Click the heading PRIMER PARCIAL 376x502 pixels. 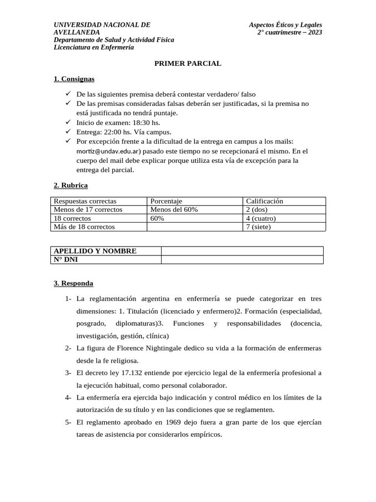pyautogui.click(x=188, y=63)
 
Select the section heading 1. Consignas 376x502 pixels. pyautogui.click(x=74, y=79)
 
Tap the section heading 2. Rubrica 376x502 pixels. pyautogui.click(x=70, y=185)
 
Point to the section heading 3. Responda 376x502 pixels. pyautogui.click(x=73, y=283)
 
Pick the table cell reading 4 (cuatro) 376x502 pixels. pyautogui.click(x=261, y=218)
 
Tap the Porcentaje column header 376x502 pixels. pyautogui.click(x=166, y=201)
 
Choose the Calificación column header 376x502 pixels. pyautogui.click(x=264, y=201)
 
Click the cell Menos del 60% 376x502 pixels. pyautogui.click(x=174, y=209)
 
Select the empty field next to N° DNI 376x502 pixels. pyautogui.click(x=242, y=260)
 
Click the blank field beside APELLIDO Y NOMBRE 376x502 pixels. pyautogui.click(x=242, y=251)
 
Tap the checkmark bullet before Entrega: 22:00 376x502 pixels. pyautogui.click(x=68, y=131)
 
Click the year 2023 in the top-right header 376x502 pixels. pyautogui.click(x=313, y=32)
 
